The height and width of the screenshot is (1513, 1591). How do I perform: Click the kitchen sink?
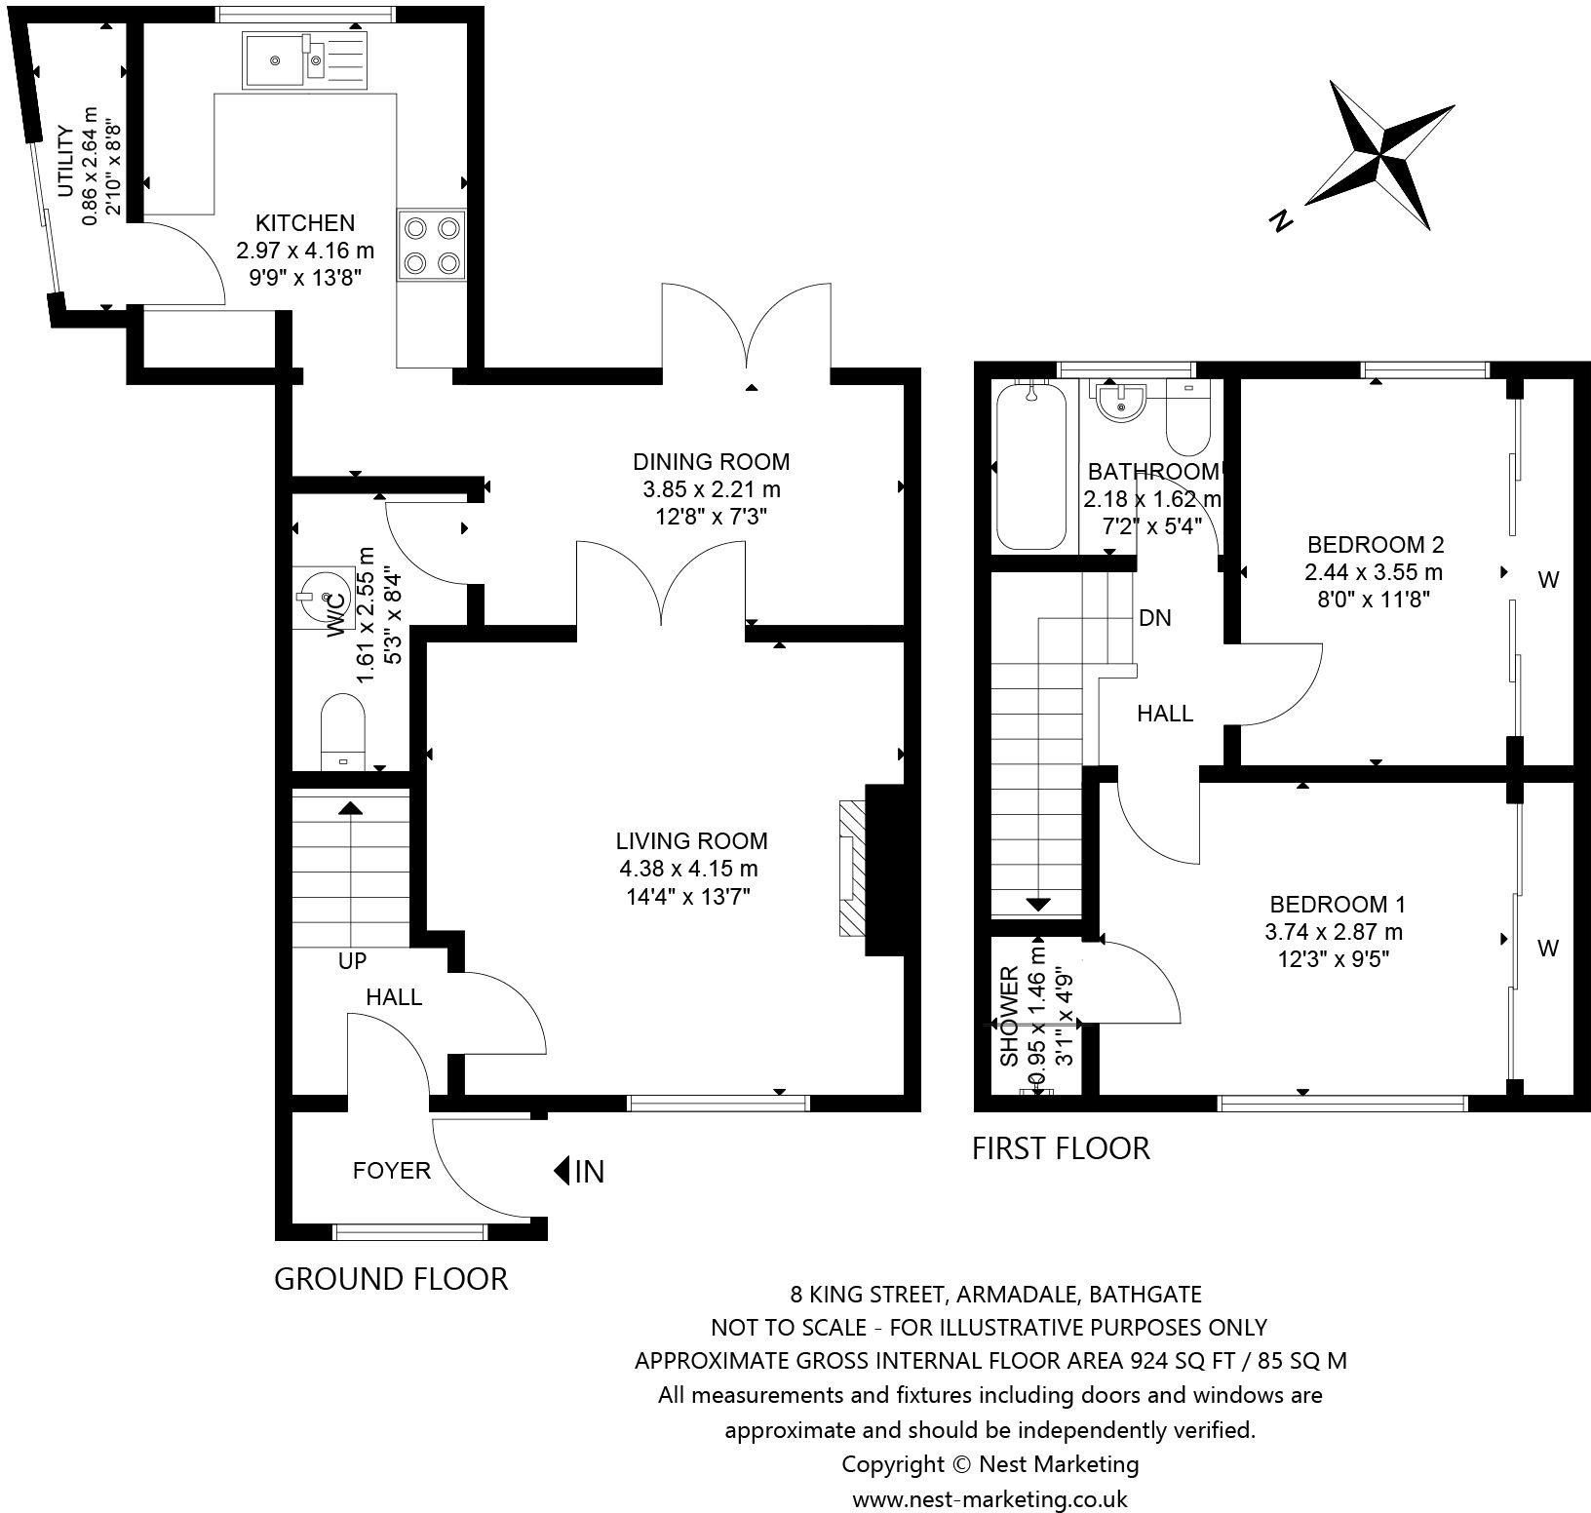pos(305,60)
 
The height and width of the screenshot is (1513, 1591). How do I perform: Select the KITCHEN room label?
pos(305,223)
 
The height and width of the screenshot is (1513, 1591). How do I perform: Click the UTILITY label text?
pos(65,162)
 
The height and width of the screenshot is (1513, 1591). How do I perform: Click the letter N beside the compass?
pos(1281,221)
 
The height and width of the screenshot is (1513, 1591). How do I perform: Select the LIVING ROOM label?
pos(691,840)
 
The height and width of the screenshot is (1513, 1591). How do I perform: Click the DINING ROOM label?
pos(712,461)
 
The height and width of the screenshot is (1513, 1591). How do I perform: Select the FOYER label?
pos(392,1170)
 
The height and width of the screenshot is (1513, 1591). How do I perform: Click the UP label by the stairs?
pos(352,961)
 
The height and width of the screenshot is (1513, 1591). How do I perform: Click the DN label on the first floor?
pos(1155,618)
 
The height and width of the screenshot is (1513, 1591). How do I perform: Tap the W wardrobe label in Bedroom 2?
pos(1548,580)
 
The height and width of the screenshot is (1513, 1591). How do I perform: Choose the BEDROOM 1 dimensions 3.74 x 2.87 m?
pos(1334,932)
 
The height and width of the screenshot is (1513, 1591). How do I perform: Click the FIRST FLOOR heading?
pos(1061,1148)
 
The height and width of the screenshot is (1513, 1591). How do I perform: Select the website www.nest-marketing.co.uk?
pos(990,1499)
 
